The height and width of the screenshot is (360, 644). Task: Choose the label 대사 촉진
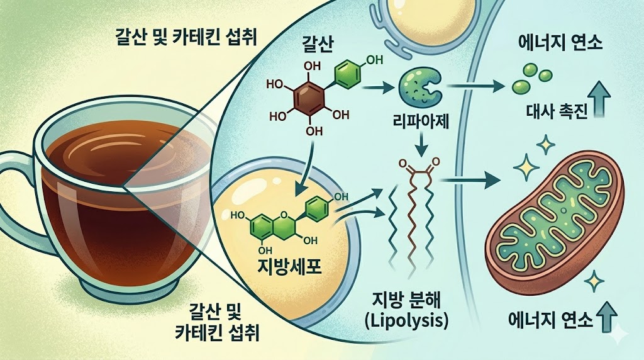pyautogui.click(x=557, y=113)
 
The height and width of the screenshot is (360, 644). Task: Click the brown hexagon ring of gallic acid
pyautogui.click(x=309, y=98)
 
